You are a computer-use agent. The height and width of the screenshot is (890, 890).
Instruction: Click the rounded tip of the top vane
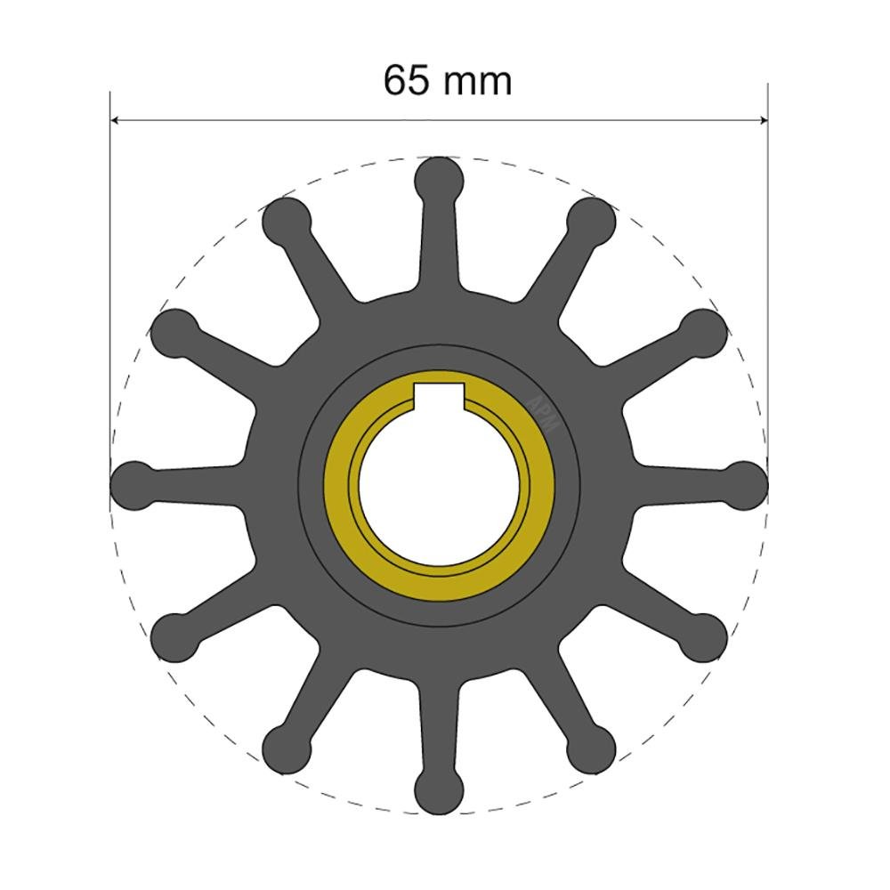tap(440, 178)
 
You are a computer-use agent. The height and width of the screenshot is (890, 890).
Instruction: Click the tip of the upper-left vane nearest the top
tap(287, 219)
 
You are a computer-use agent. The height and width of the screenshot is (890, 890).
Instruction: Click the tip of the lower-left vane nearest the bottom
tap(287, 746)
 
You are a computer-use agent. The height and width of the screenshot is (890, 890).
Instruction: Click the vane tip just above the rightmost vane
tap(705, 331)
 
